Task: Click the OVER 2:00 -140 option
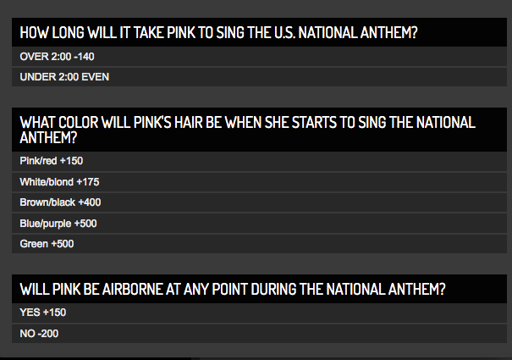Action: click(58, 57)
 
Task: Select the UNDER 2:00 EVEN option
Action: click(64, 77)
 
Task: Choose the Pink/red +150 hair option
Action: click(52, 161)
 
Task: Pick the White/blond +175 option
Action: click(59, 182)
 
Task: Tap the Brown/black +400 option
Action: click(60, 202)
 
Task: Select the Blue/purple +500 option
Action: click(58, 224)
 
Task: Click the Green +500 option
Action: click(47, 244)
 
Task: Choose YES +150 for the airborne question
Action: click(43, 313)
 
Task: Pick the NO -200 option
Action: click(39, 334)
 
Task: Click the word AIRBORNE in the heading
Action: click(132, 289)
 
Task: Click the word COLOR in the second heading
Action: click(78, 122)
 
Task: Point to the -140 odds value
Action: click(84, 57)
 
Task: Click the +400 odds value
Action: click(90, 202)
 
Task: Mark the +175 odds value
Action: click(88, 182)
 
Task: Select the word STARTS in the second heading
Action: click(314, 122)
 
